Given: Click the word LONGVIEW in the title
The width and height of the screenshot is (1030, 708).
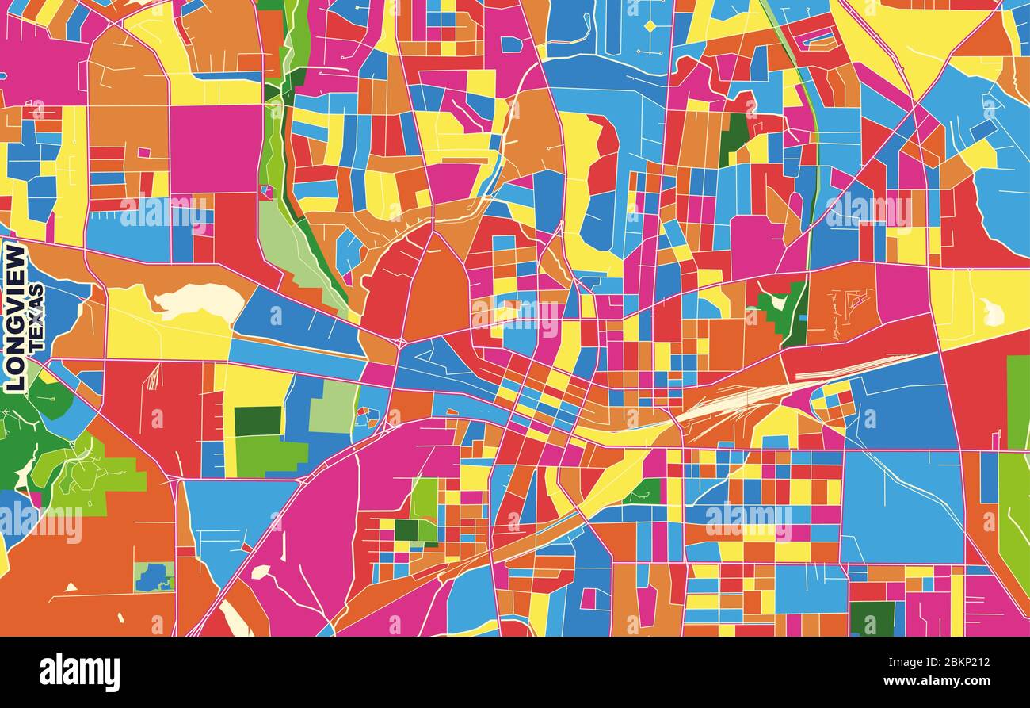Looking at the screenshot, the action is pyautogui.click(x=15, y=318).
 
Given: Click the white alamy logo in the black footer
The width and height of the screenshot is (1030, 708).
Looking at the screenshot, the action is pyautogui.click(x=79, y=672).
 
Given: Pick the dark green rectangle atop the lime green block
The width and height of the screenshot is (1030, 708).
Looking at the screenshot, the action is pyautogui.click(x=257, y=421).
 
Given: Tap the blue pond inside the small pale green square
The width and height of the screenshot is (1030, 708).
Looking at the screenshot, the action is pyautogui.click(x=154, y=577).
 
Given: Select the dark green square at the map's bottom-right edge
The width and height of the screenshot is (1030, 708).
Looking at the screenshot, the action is pyautogui.click(x=872, y=618).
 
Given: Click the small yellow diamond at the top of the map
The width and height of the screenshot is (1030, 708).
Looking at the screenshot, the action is pyautogui.click(x=650, y=26).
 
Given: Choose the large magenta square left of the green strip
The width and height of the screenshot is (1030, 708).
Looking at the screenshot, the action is pyautogui.click(x=216, y=148).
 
